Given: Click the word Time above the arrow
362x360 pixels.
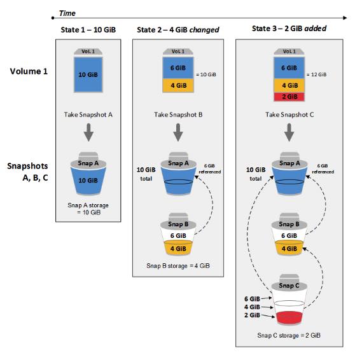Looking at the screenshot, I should (x=67, y=12).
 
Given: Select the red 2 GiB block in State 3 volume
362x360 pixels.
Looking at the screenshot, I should (x=288, y=95).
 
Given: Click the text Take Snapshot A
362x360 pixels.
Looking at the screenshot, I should (x=88, y=115).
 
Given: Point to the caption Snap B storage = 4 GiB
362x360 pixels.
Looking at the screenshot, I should (x=179, y=265).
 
